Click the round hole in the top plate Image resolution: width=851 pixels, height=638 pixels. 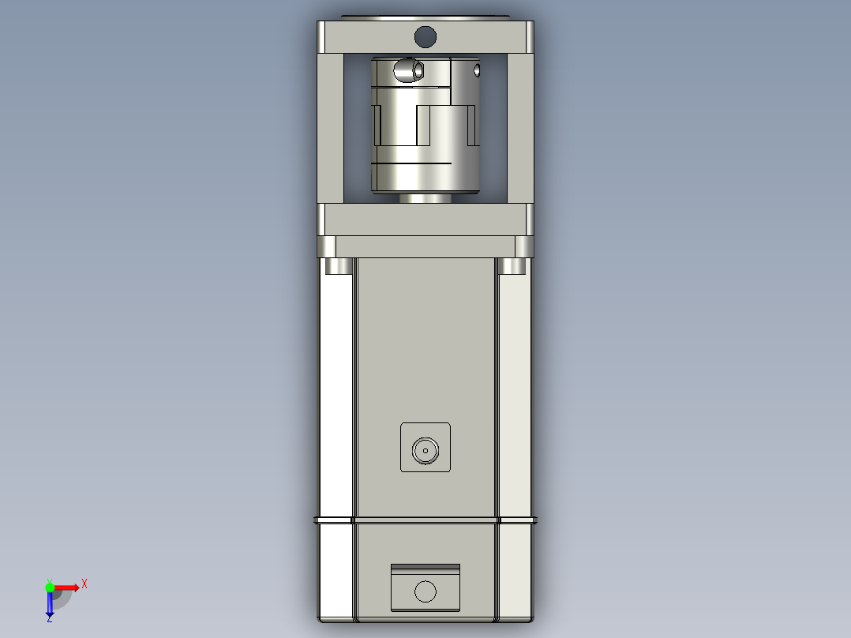[x=425, y=36]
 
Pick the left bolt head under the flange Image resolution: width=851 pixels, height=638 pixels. [x=338, y=266]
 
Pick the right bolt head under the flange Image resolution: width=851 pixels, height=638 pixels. [x=513, y=266]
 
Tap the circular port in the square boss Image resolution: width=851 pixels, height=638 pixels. [x=425, y=451]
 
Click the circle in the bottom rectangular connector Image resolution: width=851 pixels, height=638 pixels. [x=425, y=591]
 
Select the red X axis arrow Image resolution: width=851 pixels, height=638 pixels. [x=68, y=587]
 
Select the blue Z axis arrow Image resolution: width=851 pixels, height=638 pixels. [x=50, y=604]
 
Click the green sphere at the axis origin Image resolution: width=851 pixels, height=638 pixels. [x=50, y=587]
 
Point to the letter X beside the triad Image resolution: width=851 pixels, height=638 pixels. [x=84, y=584]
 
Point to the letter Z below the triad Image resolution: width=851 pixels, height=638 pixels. [x=49, y=619]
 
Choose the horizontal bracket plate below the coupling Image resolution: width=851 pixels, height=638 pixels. [x=425, y=220]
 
